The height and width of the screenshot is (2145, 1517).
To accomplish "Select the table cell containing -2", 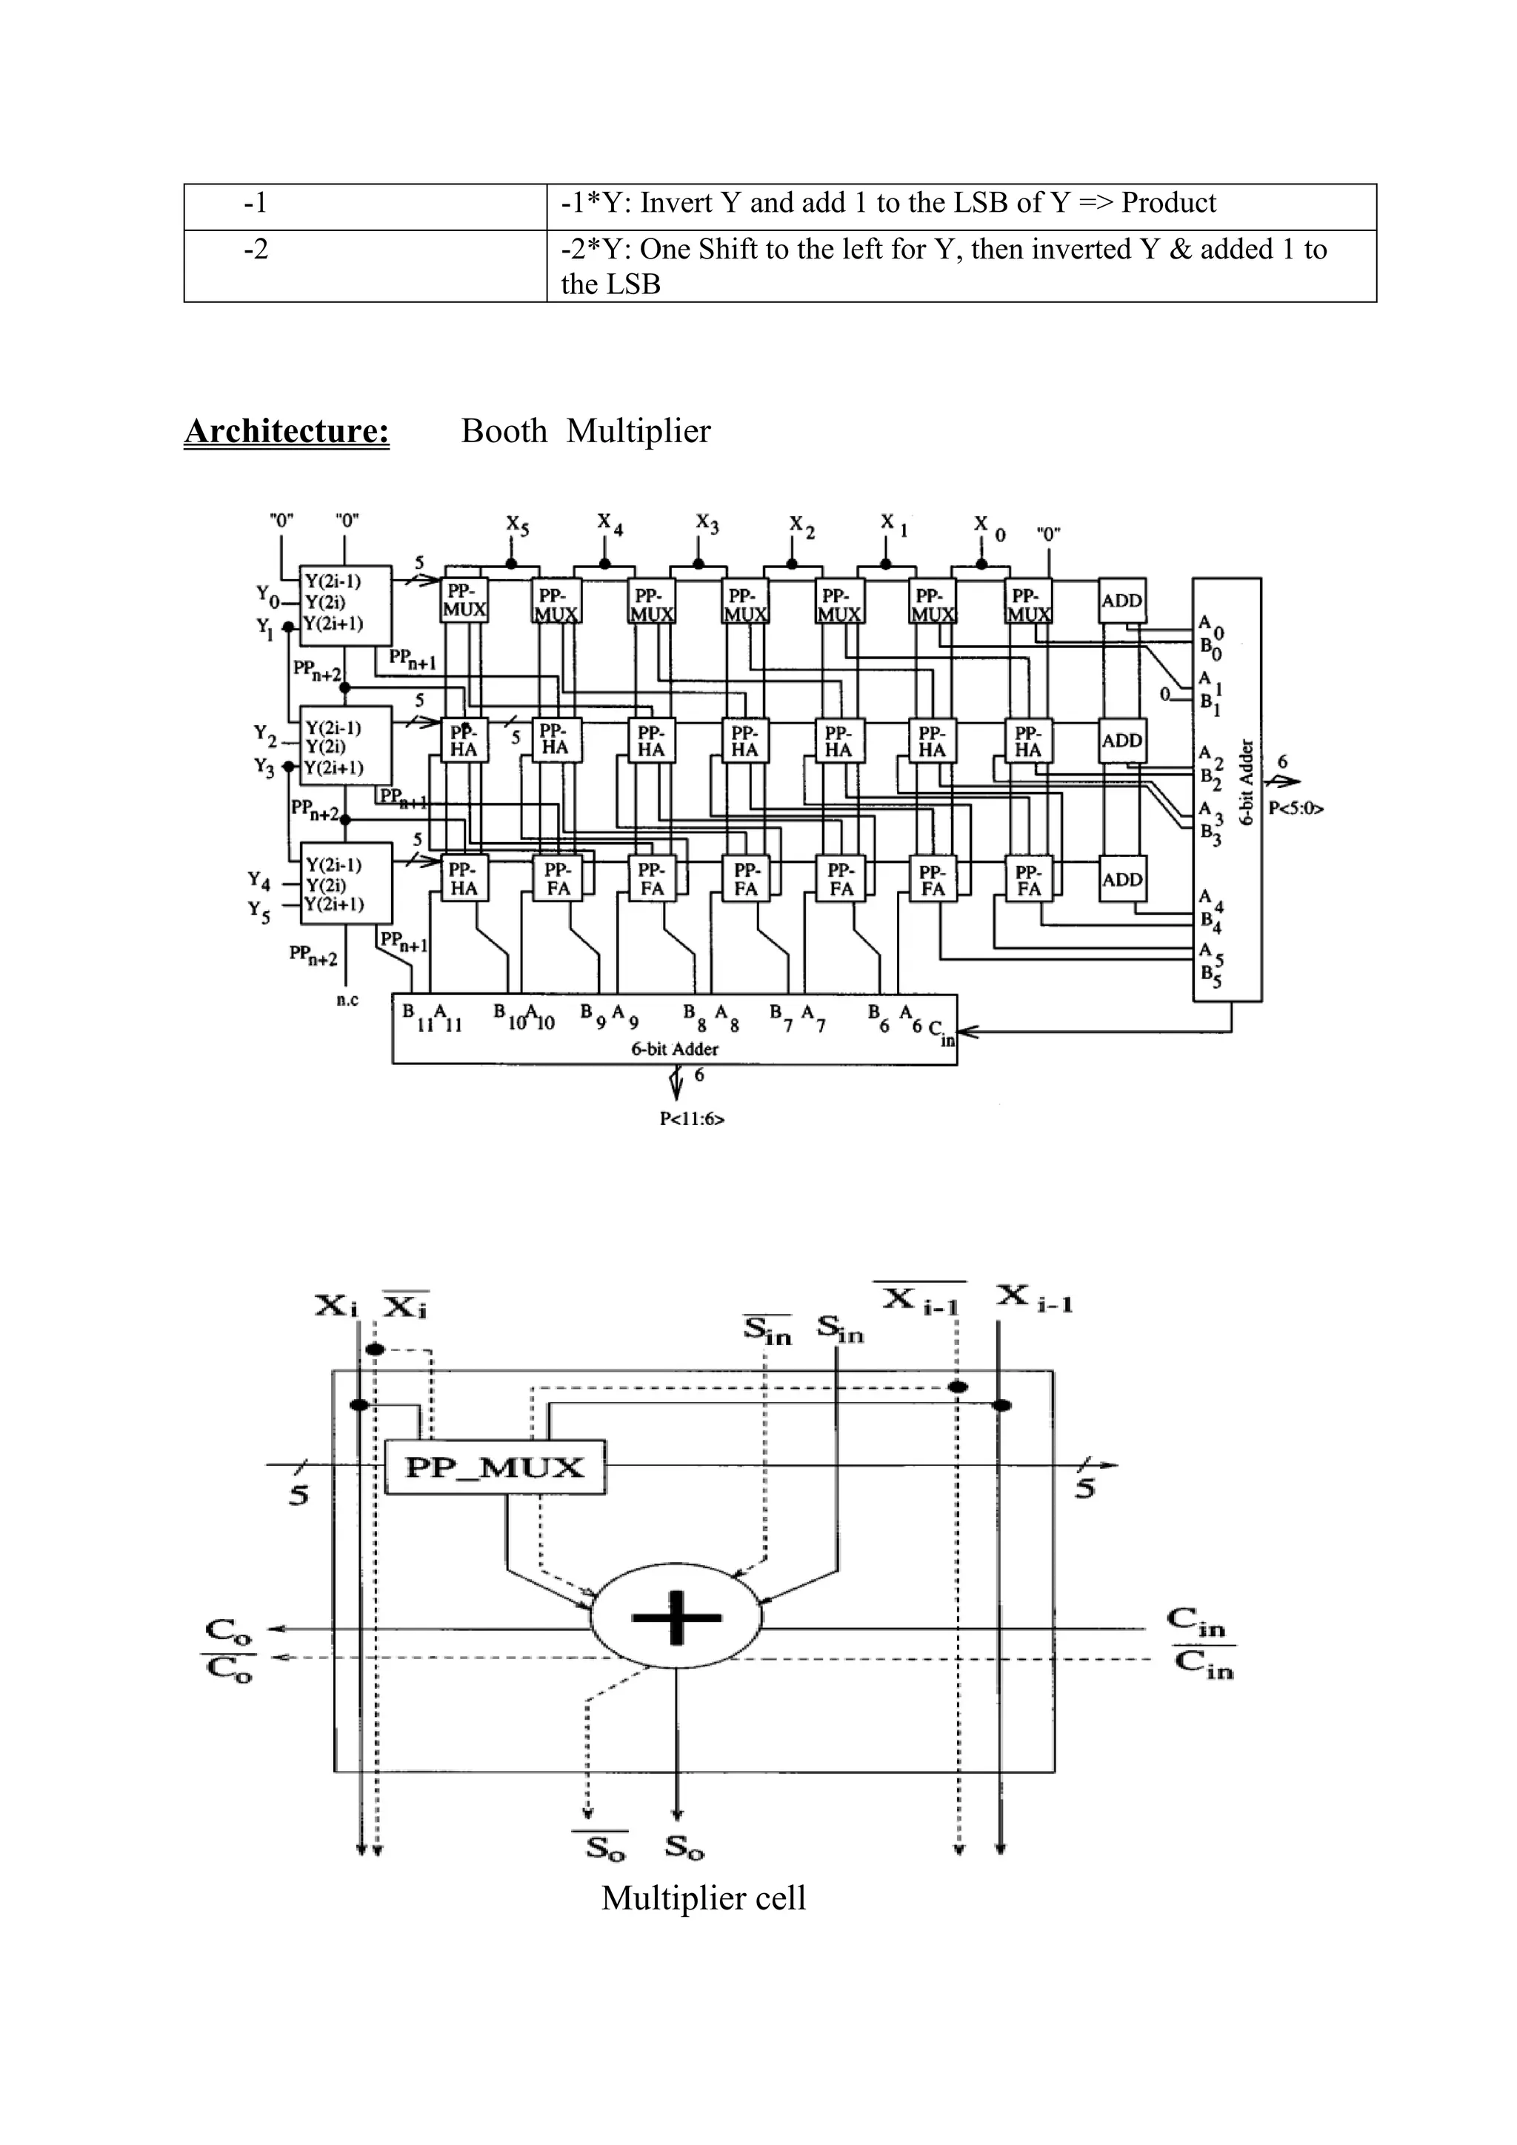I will tap(364, 265).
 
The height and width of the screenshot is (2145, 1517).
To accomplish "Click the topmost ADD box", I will tap(1122, 601).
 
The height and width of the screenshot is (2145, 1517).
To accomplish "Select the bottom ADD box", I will tap(1122, 879).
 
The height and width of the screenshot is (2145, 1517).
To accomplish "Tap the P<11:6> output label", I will tap(692, 1118).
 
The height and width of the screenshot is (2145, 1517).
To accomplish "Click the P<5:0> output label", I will tap(1296, 808).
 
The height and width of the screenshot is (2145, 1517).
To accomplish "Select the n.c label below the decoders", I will tap(347, 1000).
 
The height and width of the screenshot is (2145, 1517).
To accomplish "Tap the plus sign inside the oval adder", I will tap(677, 1617).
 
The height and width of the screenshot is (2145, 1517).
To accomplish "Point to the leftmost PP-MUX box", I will tap(464, 601).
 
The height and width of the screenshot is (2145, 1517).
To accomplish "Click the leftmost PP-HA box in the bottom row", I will tap(464, 879).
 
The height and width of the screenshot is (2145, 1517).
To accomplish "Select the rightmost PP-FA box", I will tap(1028, 879).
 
